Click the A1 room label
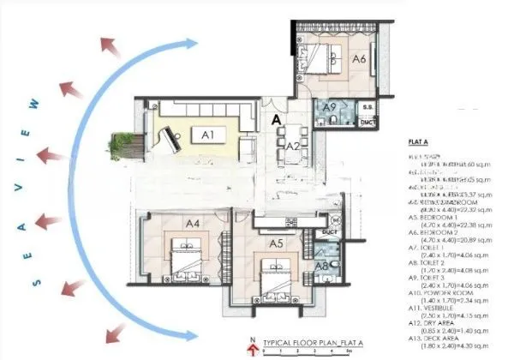(207, 134)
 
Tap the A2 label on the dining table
(291, 146)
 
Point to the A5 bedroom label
(276, 244)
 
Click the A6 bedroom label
(360, 58)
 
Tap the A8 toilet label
(322, 265)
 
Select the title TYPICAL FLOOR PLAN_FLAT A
(311, 341)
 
